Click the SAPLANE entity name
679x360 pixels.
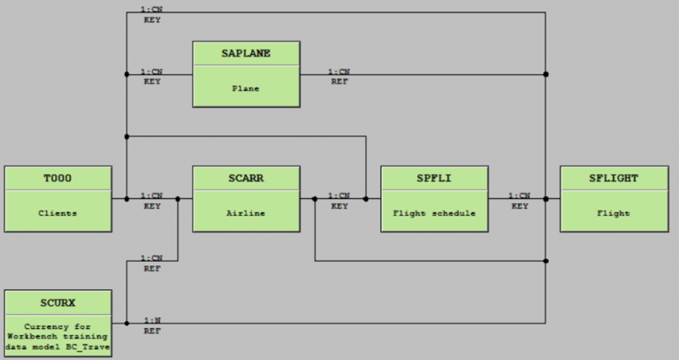[246, 53]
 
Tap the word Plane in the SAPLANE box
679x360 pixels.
[246, 88]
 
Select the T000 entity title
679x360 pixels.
[57, 179]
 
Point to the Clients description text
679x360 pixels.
[57, 213]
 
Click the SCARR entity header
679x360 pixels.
[246, 179]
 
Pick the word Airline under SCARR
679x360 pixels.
[246, 213]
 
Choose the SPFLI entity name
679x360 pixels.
[434, 179]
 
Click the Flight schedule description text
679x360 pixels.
[434, 213]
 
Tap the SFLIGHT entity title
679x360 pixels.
[614, 179]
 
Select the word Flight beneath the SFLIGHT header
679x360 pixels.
[614, 213]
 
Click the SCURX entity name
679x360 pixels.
[57, 303]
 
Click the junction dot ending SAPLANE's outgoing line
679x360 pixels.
[546, 74]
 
